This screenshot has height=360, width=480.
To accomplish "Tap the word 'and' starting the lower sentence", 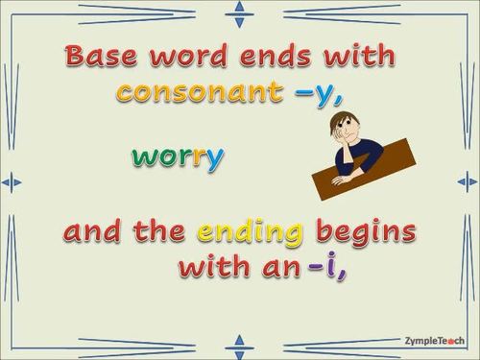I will tap(95, 232).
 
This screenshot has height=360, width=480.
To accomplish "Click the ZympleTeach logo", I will tap(434, 339).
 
